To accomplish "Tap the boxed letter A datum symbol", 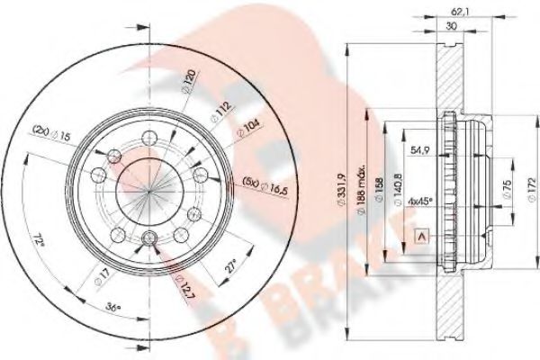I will pyautogui.click(x=418, y=237).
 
